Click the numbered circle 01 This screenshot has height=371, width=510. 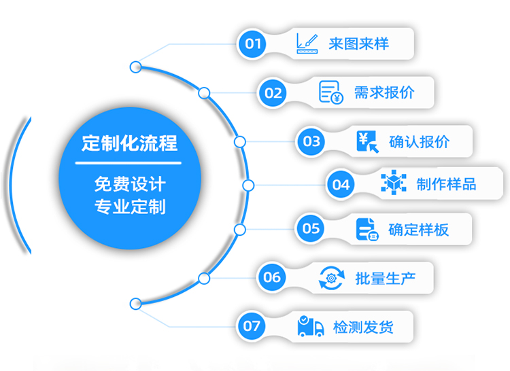click(x=253, y=44)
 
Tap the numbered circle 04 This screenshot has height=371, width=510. click(x=341, y=184)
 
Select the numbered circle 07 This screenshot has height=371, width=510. click(x=252, y=325)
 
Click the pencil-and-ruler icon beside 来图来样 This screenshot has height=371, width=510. click(x=307, y=44)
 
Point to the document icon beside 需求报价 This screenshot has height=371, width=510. click(x=330, y=92)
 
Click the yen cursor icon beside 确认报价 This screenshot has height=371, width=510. click(x=367, y=141)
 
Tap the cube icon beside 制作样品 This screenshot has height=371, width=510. click(x=393, y=183)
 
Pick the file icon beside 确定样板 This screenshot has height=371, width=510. click(x=367, y=228)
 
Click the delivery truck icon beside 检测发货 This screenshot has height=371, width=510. click(x=310, y=326)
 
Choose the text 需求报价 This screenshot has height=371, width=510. click(x=384, y=92)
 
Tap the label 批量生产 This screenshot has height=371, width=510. click(x=385, y=277)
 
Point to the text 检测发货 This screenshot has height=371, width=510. click(x=363, y=327)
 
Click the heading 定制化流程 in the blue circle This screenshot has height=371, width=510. click(x=129, y=143)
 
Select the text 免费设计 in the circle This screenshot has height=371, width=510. click(x=129, y=184)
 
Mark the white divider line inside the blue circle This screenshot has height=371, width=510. click(x=129, y=164)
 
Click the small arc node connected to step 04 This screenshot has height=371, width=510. click(x=248, y=185)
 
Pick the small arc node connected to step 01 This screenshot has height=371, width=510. click(x=136, y=67)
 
